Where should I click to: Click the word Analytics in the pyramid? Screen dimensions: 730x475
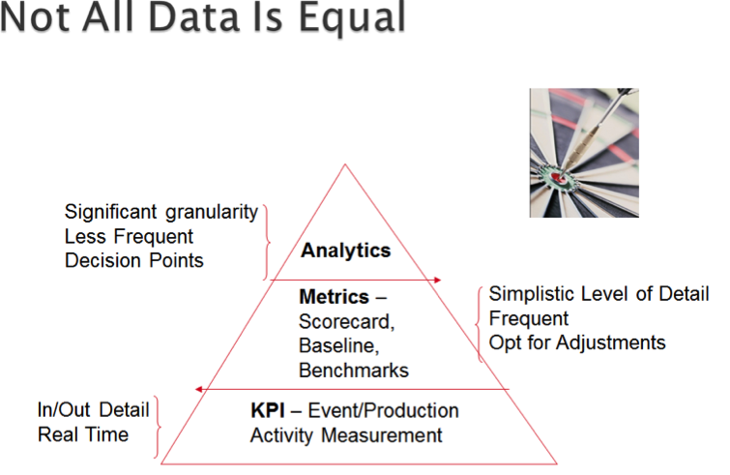pos(345,251)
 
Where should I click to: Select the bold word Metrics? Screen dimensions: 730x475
pos(334,297)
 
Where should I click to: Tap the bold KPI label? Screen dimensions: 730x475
pos(268,411)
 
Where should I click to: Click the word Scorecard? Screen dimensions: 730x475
pos(346,322)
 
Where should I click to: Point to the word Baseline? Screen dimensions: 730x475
pos(339,346)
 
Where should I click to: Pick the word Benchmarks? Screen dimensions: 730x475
pos(354,371)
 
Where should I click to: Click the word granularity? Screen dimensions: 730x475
pos(212,213)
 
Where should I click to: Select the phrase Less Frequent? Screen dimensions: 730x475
pos(129,237)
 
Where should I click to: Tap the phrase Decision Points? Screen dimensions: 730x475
pos(134,261)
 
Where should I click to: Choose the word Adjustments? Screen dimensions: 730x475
pos(611,343)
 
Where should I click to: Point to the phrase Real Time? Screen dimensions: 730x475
pos(83,435)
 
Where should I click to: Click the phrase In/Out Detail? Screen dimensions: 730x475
pos(93,410)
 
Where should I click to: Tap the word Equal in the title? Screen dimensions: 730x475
pos(352,18)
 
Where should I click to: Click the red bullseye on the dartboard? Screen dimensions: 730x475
pos(557,177)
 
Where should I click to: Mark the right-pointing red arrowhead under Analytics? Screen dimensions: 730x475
pos(437,280)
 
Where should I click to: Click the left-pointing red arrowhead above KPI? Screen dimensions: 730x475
pos(199,389)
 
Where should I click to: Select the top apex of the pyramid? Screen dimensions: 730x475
pos(345,163)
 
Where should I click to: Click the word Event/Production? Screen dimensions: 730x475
pos(384,411)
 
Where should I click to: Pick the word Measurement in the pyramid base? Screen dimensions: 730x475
pos(382,436)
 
